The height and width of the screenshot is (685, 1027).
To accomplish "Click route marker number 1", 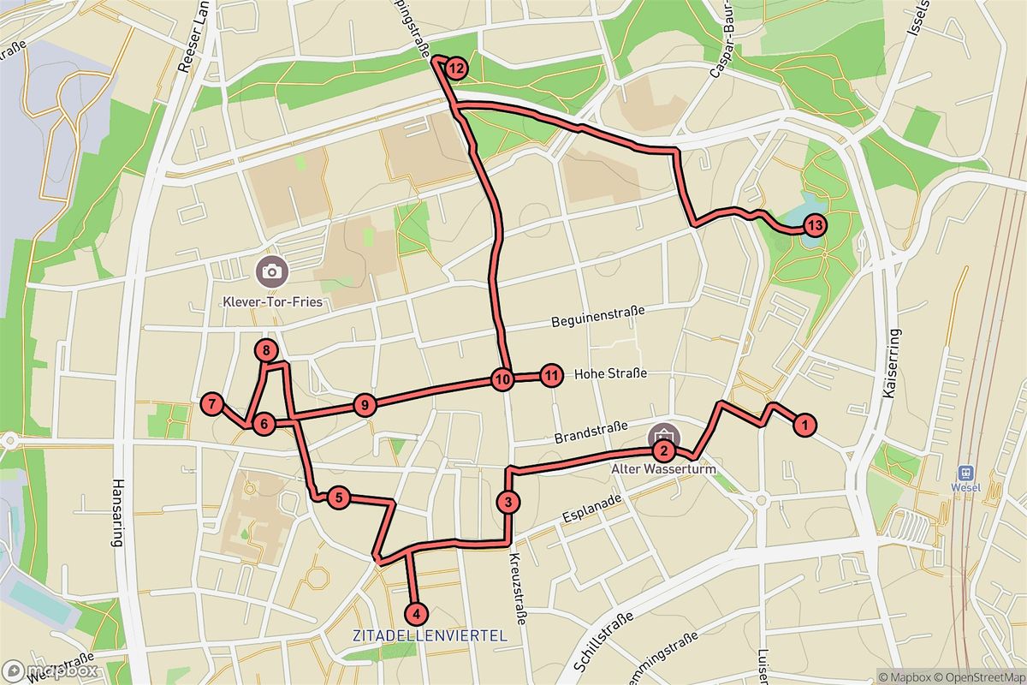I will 803,423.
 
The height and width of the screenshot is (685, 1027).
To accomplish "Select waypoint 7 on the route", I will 211,403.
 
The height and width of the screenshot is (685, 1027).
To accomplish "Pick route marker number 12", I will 456,68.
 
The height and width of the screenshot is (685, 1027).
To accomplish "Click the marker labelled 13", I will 814,226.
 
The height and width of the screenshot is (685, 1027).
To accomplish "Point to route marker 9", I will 365,405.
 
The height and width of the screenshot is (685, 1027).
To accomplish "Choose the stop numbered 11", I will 552,374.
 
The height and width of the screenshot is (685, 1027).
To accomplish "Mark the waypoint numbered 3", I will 508,502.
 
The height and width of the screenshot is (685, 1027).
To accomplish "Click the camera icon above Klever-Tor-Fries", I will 271,271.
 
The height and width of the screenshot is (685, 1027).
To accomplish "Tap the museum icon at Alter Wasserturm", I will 664,433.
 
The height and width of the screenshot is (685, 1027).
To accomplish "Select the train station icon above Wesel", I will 965,473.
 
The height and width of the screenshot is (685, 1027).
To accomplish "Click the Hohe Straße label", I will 609,374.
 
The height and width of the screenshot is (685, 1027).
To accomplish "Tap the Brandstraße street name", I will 591,432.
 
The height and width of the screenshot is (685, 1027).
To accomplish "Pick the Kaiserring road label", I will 897,368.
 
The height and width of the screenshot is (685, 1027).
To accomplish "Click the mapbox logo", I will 49,670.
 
